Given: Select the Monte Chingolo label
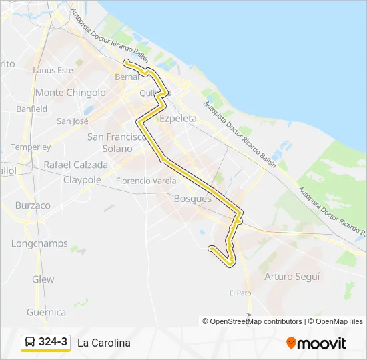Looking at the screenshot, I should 71,93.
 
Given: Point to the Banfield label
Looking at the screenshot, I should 32,109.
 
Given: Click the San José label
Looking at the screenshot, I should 73,121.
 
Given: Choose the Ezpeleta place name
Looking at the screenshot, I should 178,118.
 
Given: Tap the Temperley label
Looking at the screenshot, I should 31,147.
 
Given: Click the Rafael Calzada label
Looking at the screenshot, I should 75,165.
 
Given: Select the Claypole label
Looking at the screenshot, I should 82,180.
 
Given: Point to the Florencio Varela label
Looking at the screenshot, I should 146,181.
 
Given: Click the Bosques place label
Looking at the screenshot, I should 192,199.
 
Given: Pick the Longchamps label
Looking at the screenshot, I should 39,244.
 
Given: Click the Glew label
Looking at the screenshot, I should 43,279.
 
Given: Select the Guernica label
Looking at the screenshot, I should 46,312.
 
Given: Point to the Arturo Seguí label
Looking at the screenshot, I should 292,276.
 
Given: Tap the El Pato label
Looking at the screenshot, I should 240,293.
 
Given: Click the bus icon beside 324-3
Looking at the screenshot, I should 30,342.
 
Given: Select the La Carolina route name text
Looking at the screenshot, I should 104,343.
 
